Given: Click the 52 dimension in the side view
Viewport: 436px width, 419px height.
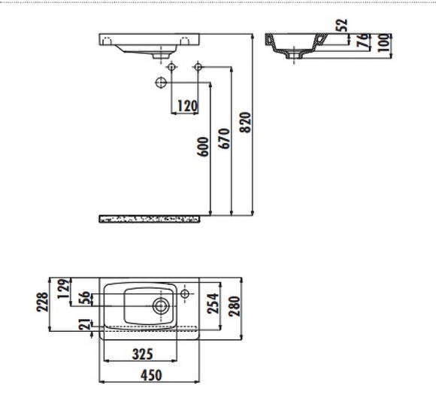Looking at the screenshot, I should point(343,25).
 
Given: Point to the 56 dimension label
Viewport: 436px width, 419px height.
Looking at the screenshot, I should point(84,299).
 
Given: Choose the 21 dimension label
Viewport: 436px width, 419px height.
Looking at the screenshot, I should point(84,324).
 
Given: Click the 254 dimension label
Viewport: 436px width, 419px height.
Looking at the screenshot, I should point(213,303).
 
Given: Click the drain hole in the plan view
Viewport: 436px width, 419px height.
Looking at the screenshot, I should point(160,305).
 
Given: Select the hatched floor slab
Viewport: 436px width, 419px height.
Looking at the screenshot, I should point(150,219).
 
